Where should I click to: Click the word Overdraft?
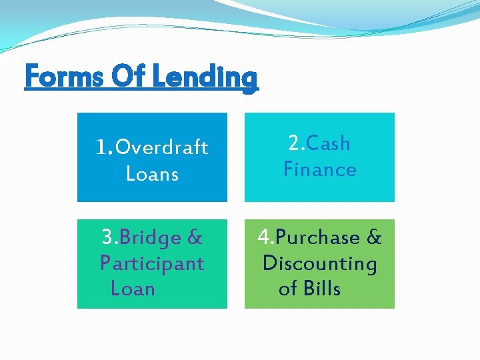(x=162, y=147)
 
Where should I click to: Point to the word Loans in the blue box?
(x=152, y=174)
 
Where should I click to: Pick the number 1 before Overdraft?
(x=101, y=147)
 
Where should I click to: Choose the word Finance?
(x=320, y=169)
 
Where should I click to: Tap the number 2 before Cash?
(x=294, y=143)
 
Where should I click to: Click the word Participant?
(x=152, y=263)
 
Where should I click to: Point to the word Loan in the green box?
(x=133, y=289)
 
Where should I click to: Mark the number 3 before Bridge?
(x=107, y=238)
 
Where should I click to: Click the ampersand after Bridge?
(x=195, y=238)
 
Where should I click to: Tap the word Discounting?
(x=320, y=264)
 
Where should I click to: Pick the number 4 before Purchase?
(x=265, y=238)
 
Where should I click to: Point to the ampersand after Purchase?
(x=374, y=238)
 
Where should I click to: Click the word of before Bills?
(x=287, y=289)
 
